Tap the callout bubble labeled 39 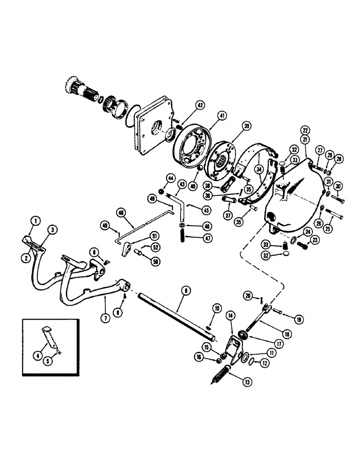click(246, 126)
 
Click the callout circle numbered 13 click(247, 380)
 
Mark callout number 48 click(121, 212)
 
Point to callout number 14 click(230, 315)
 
